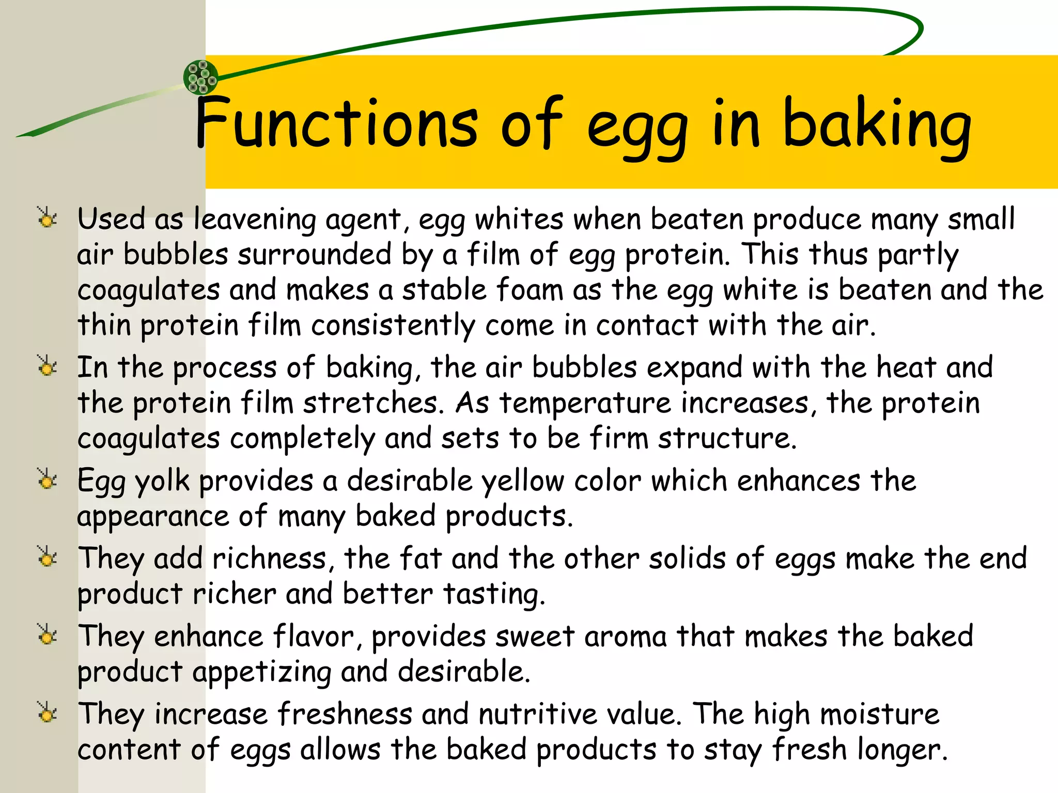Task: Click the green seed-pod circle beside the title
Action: [201, 77]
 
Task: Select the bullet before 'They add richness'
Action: [48, 557]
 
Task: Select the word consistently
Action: [393, 326]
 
